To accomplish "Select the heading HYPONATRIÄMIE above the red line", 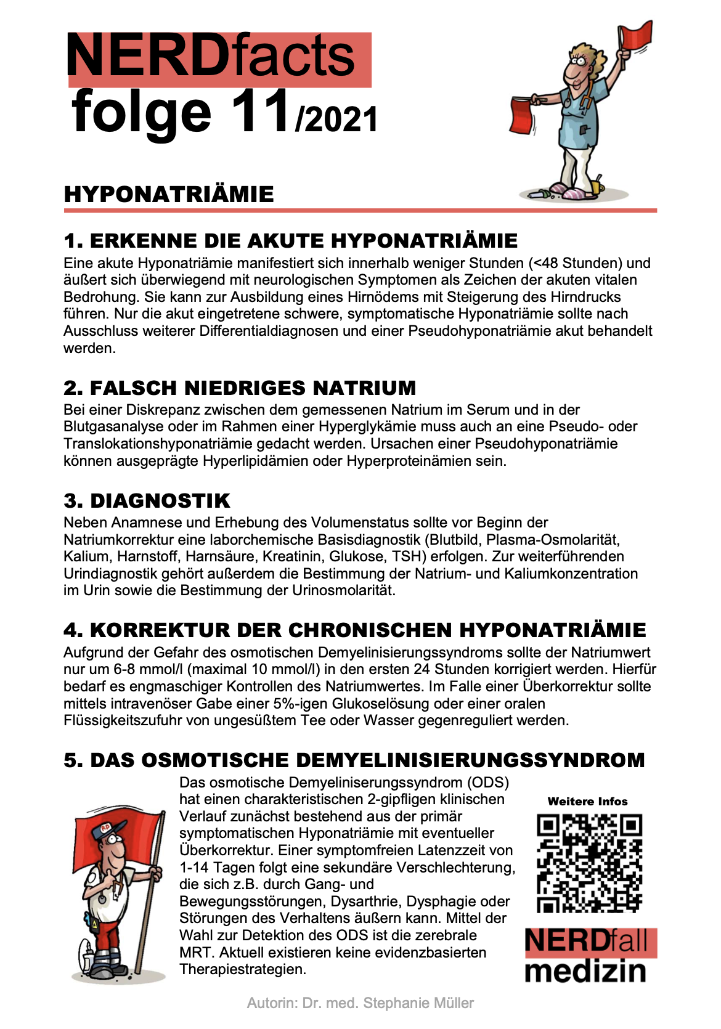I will pyautogui.click(x=169, y=195).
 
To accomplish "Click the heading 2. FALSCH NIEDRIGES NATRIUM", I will pyautogui.click(x=240, y=388).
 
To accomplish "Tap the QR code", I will pyautogui.click(x=589, y=863).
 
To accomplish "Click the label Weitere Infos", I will pyautogui.click(x=587, y=802).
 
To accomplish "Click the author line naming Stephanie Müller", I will pyautogui.click(x=360, y=1003).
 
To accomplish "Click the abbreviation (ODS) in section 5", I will pyautogui.click(x=488, y=783).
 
